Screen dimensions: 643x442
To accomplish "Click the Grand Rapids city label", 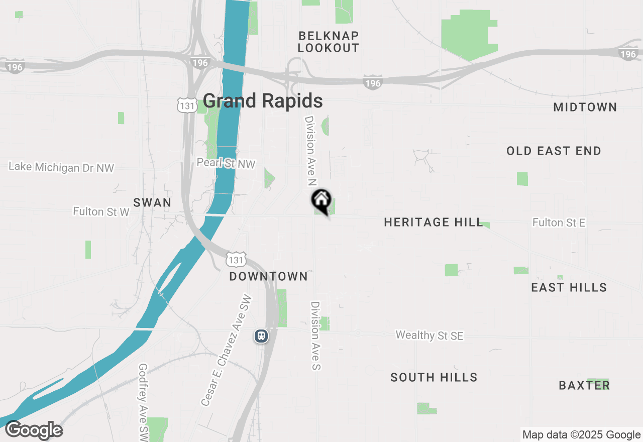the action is click(263, 101).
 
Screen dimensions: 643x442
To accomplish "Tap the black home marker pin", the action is click(321, 200).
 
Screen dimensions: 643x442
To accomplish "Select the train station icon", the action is click(261, 336).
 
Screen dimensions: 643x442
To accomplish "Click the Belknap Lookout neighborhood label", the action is click(329, 42).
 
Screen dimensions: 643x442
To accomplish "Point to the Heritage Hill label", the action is click(433, 222).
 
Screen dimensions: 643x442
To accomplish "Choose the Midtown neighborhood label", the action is click(585, 107).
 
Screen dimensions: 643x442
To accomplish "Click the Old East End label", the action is click(554, 151).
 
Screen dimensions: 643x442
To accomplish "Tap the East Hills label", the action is click(569, 287).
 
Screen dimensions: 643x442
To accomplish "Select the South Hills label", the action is click(434, 377).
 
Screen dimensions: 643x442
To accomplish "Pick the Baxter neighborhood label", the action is click(584, 385).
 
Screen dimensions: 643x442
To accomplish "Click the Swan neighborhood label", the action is click(152, 203).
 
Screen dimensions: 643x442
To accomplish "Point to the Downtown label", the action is click(268, 277).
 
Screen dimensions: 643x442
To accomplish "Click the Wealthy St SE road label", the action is click(429, 336).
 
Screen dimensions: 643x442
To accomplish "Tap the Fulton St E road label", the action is click(559, 223).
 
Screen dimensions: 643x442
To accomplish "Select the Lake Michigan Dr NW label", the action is click(61, 167).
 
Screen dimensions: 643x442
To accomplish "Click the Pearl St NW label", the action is click(226, 164).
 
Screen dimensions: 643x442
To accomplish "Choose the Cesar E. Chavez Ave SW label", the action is click(227, 350).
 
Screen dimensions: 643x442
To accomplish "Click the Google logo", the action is click(34, 430).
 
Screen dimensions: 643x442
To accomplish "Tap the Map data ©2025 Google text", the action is click(581, 435).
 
